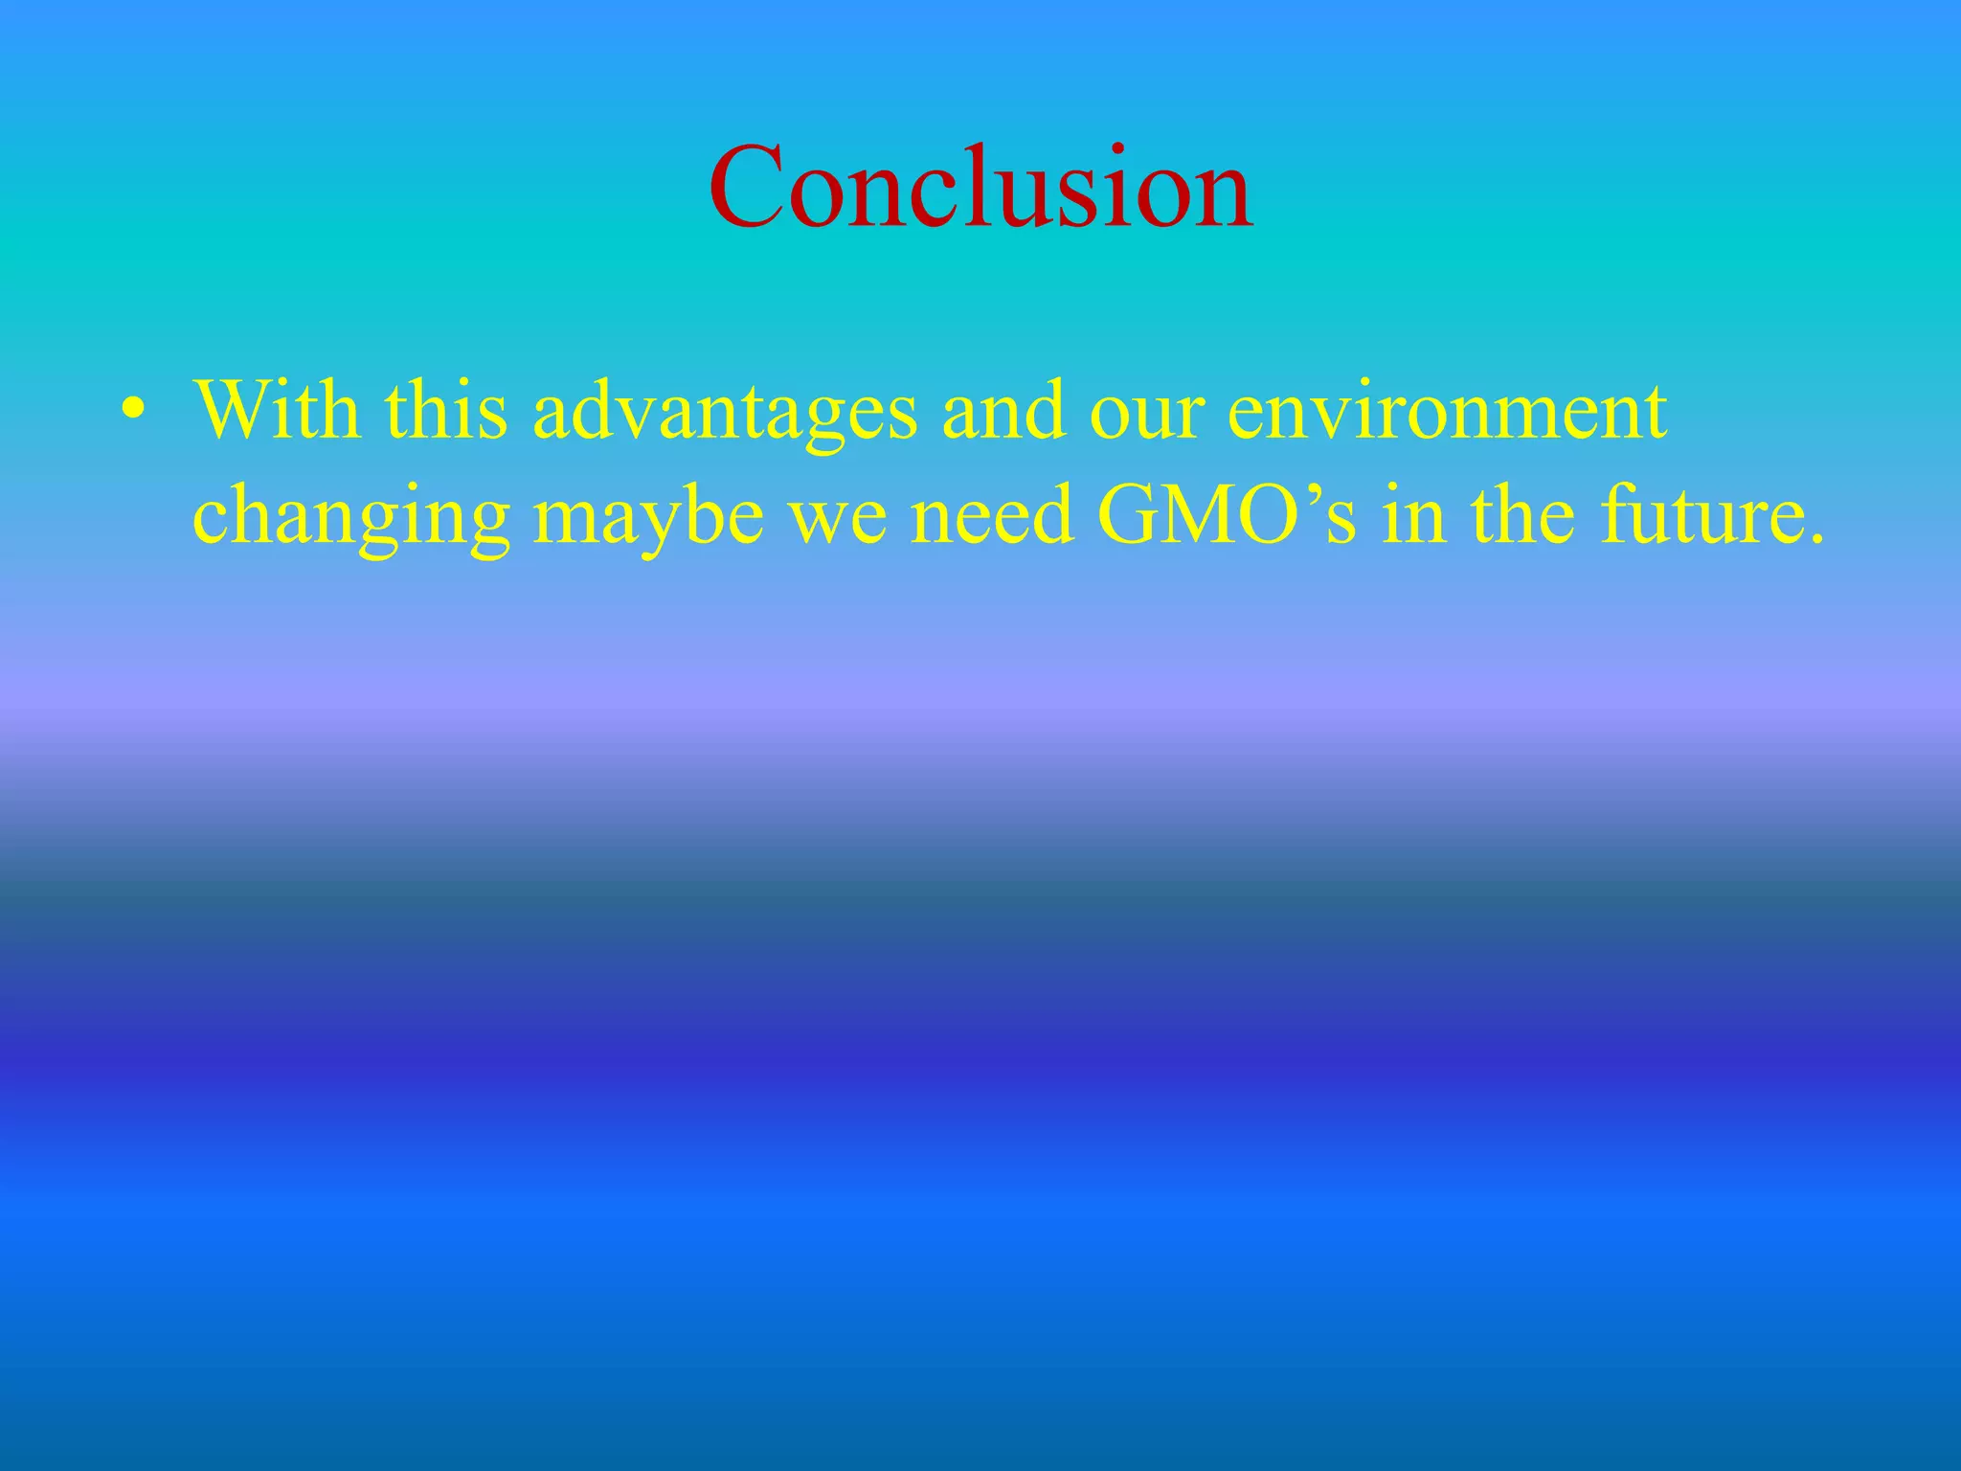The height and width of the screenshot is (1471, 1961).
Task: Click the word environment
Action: [x=1447, y=412]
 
